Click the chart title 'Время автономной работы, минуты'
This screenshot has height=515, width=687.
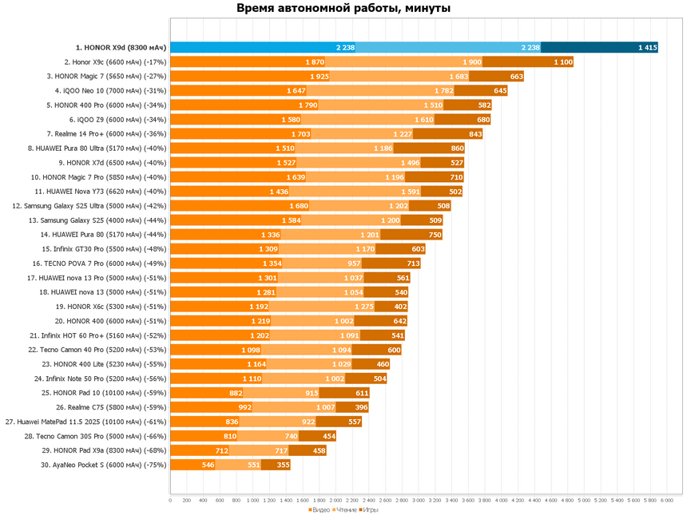pyautogui.click(x=343, y=9)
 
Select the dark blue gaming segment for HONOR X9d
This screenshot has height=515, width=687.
pyautogui.click(x=599, y=48)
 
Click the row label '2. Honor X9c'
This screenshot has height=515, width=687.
pyautogui.click(x=115, y=61)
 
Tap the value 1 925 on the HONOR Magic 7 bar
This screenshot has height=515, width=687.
pyautogui.click(x=320, y=77)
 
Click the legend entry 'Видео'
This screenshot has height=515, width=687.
pyautogui.click(x=319, y=509)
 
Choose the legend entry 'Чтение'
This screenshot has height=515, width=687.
pyautogui.click(x=344, y=509)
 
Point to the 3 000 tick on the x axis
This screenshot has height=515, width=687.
pyautogui.click(x=418, y=501)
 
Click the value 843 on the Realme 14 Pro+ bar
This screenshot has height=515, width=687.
pyautogui.click(x=475, y=134)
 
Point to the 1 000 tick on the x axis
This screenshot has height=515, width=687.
pyautogui.click(x=252, y=501)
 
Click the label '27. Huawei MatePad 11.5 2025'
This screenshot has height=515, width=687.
pyautogui.click(x=86, y=422)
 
